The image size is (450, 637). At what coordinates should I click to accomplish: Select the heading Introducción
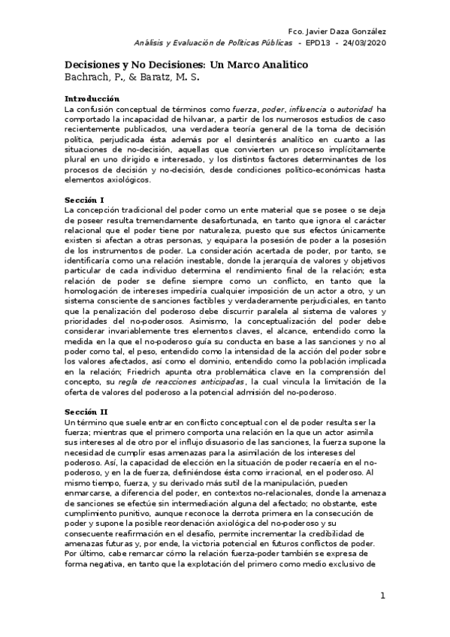[92, 99]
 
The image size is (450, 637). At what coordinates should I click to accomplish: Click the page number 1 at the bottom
[382, 596]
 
